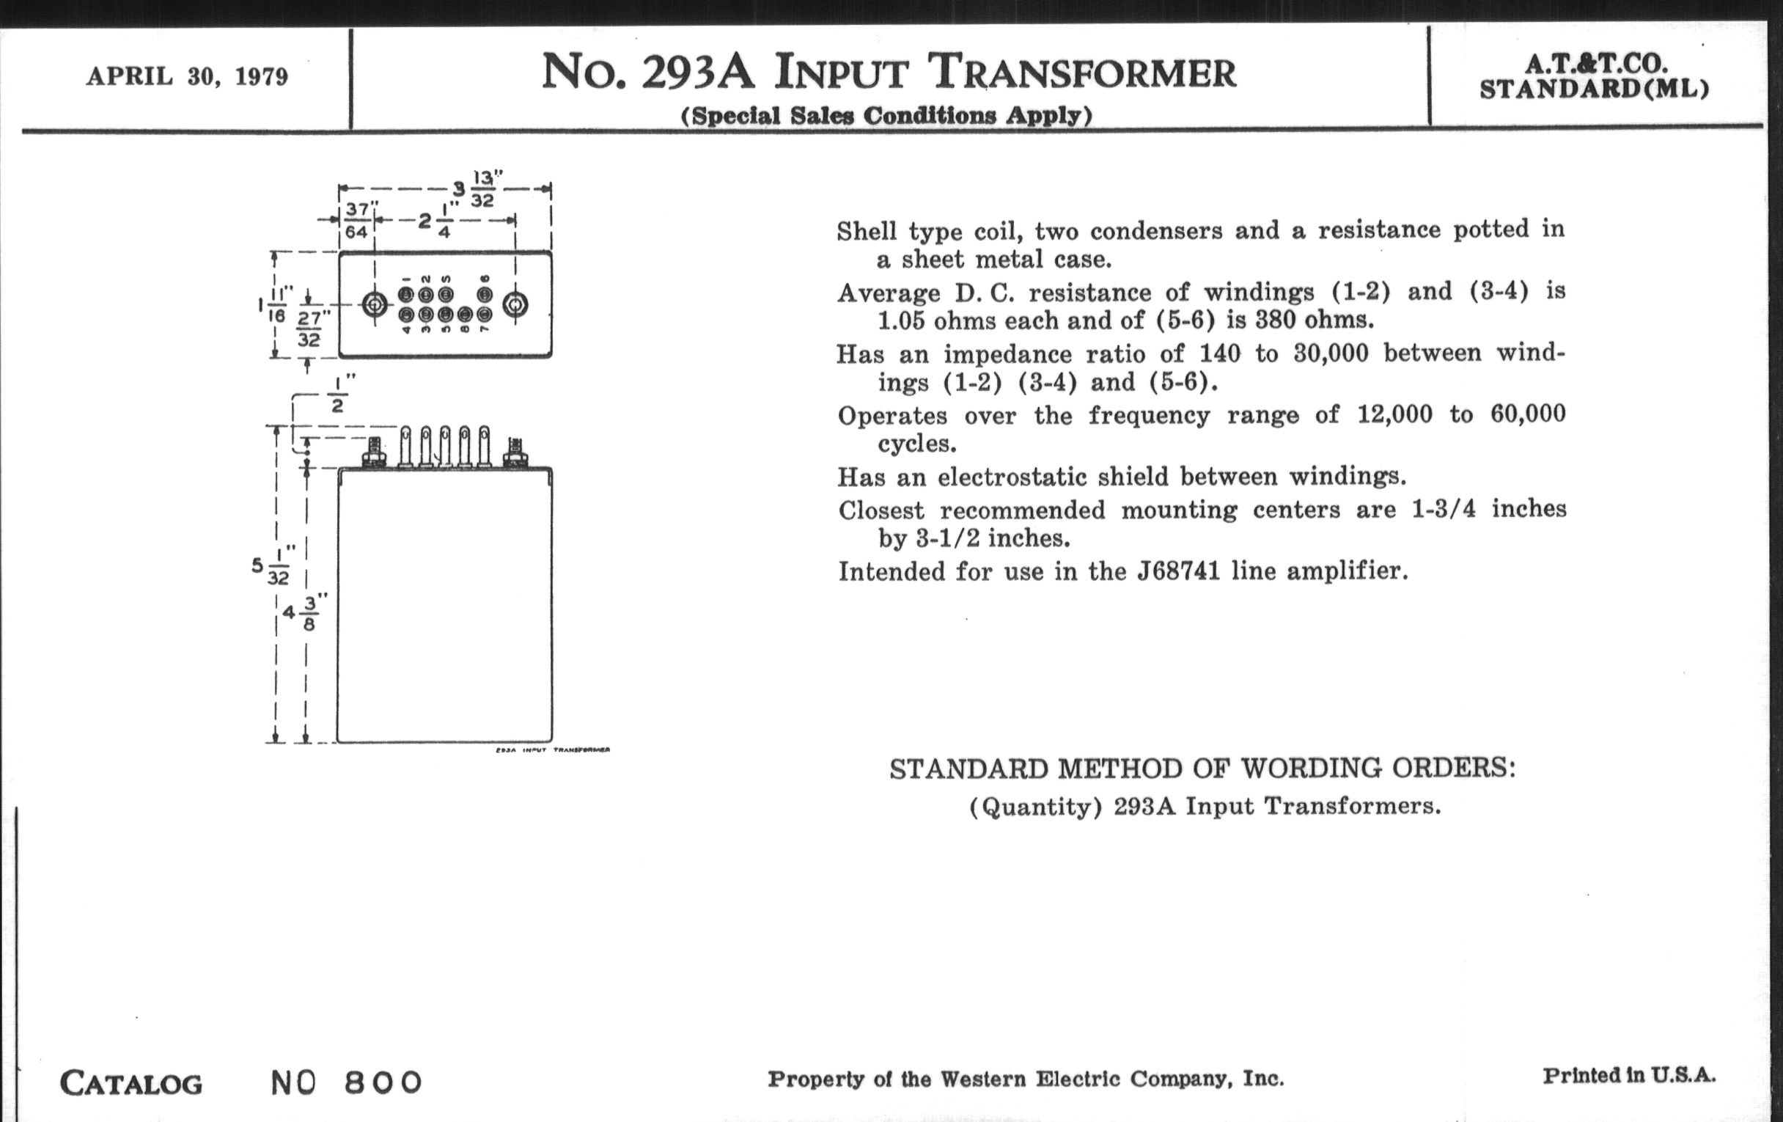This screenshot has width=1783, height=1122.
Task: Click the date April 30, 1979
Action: pos(187,76)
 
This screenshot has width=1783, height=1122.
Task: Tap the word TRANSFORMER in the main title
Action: pos(1082,73)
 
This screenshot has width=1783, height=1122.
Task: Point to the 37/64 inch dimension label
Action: pos(357,221)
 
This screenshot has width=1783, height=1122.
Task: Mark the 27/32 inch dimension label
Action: pos(309,328)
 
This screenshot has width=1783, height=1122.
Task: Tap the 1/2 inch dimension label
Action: pos(338,395)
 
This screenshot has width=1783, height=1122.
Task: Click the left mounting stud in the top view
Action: pos(374,304)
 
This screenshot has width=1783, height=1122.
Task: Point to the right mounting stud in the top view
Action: pos(515,304)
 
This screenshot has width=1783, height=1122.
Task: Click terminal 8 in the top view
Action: pos(465,315)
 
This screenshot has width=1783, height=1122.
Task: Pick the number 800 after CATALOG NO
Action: pos(383,1082)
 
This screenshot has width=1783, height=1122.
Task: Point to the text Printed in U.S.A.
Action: pos(1629,1075)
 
